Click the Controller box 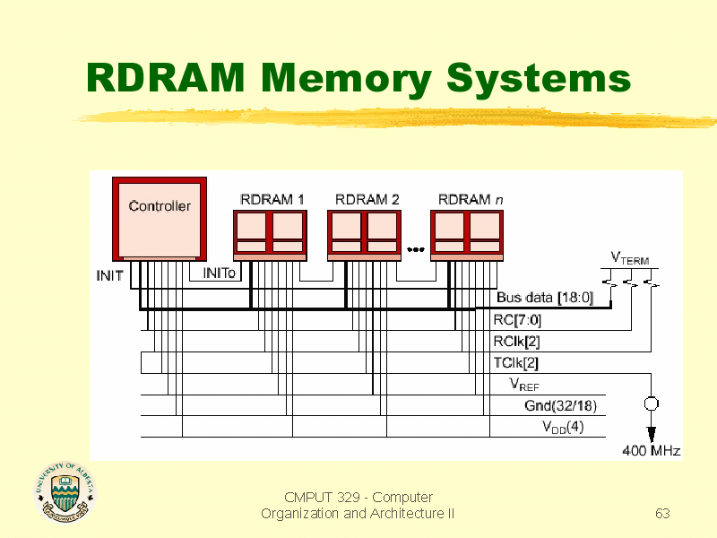pyautogui.click(x=160, y=219)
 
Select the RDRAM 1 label pyautogui.click(x=272, y=199)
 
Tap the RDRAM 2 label pyautogui.click(x=367, y=199)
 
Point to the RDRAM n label pyautogui.click(x=470, y=199)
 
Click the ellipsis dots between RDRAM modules pyautogui.click(x=416, y=249)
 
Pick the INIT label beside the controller pyautogui.click(x=109, y=276)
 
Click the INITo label pyautogui.click(x=219, y=273)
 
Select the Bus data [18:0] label pyautogui.click(x=545, y=298)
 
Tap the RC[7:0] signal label pyautogui.click(x=517, y=320)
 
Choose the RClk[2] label pyautogui.click(x=517, y=342)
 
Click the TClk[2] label pyautogui.click(x=516, y=363)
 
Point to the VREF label pyautogui.click(x=524, y=385)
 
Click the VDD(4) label pyautogui.click(x=563, y=427)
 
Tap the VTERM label pyautogui.click(x=630, y=258)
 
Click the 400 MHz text pyautogui.click(x=652, y=451)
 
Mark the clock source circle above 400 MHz pyautogui.click(x=652, y=403)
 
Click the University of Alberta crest pyautogui.click(x=65, y=491)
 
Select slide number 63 pyautogui.click(x=662, y=513)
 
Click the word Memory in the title pyautogui.click(x=346, y=78)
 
